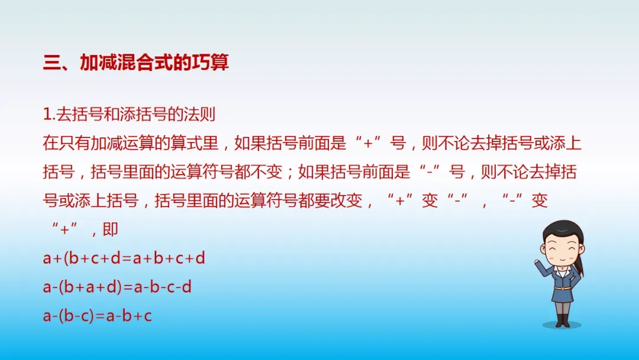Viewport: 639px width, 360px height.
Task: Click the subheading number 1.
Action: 48,114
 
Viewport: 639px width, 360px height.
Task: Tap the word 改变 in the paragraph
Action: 346,201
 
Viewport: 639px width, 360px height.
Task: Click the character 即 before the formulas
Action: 111,230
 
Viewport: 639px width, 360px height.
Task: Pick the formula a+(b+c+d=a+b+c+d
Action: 124,258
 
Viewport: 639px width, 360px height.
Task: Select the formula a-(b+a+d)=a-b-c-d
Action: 117,287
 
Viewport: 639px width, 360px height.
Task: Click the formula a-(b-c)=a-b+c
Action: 98,316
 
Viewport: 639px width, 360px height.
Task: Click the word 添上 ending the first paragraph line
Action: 566,143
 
